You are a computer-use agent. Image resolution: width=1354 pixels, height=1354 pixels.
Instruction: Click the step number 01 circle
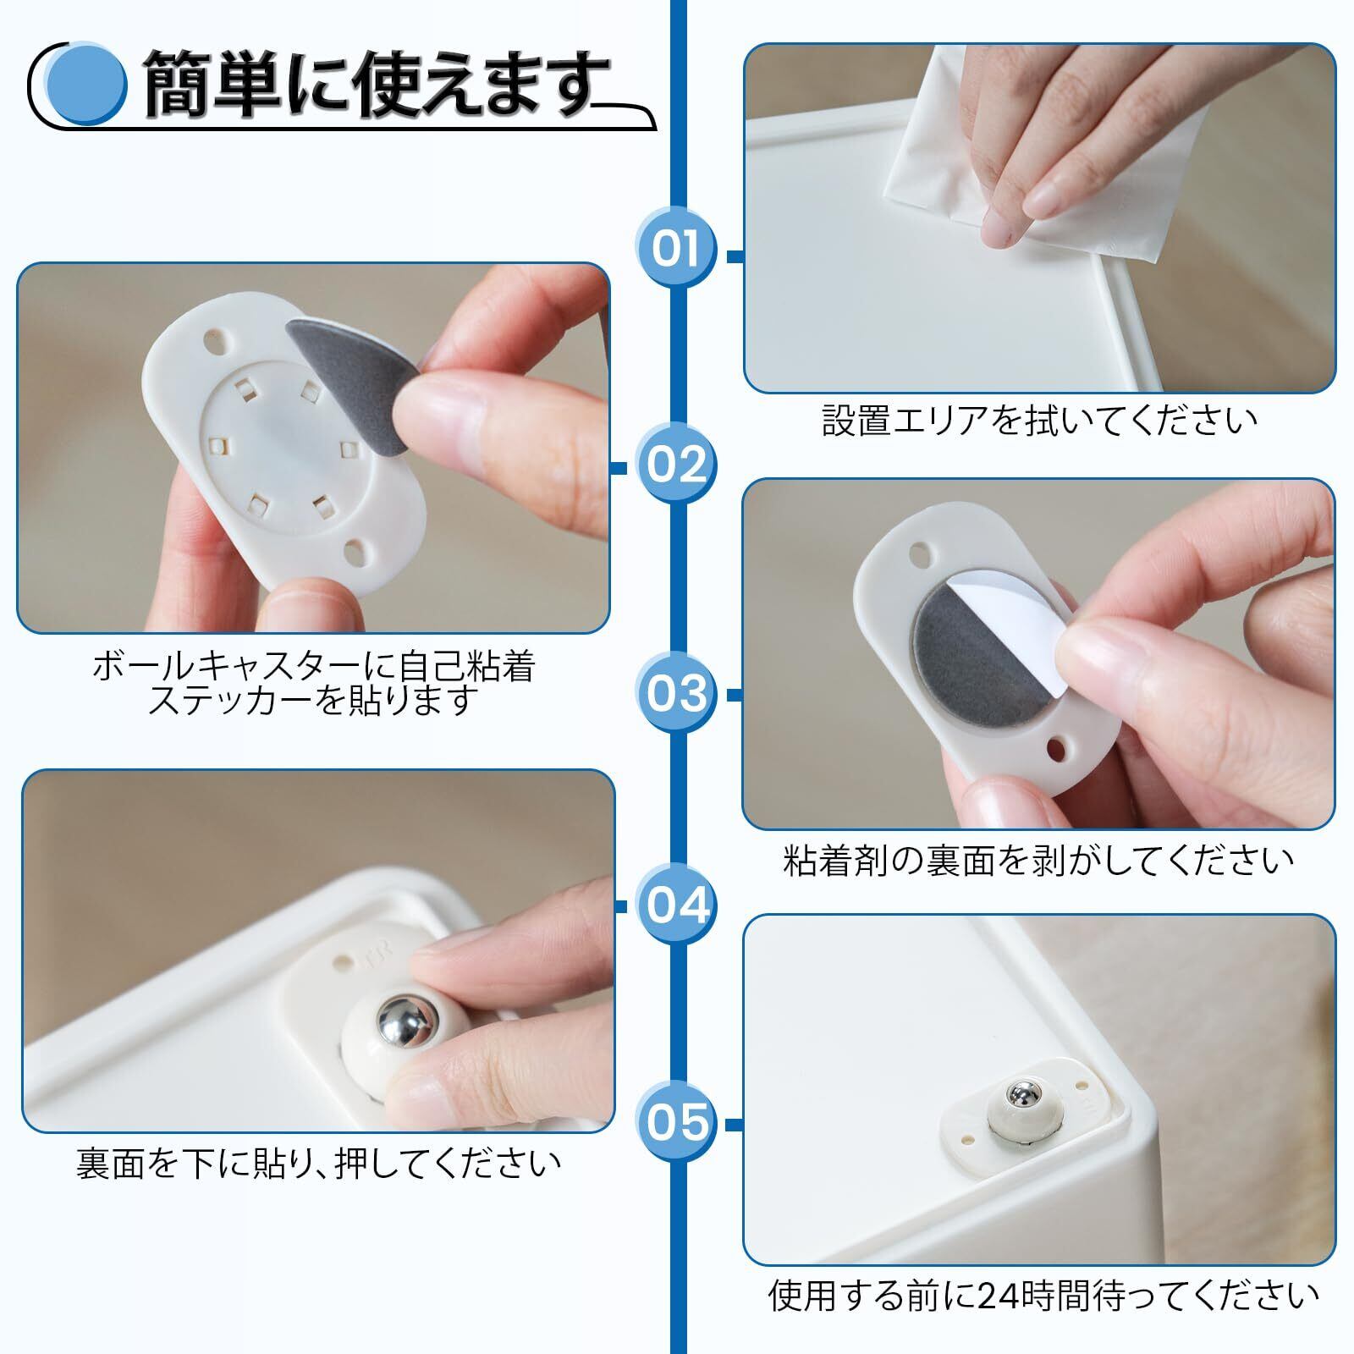pyautogui.click(x=676, y=249)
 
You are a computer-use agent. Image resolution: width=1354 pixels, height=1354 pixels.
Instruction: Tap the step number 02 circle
pyautogui.click(x=676, y=465)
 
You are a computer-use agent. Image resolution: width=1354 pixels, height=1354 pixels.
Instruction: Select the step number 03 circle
pyautogui.click(x=676, y=693)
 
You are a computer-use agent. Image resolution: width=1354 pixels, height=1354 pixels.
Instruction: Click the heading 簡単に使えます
pyautogui.click(x=377, y=85)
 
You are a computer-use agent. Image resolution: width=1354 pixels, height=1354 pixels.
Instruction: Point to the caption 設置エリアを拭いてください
pyautogui.click(x=1040, y=421)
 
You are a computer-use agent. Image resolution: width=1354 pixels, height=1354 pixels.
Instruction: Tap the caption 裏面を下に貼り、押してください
pyautogui.click(x=319, y=1164)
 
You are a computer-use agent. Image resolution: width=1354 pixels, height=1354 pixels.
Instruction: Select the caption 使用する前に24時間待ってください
pyautogui.click(x=1043, y=1295)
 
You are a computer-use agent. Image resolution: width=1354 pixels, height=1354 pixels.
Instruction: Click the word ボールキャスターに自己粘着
pyautogui.click(x=314, y=667)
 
